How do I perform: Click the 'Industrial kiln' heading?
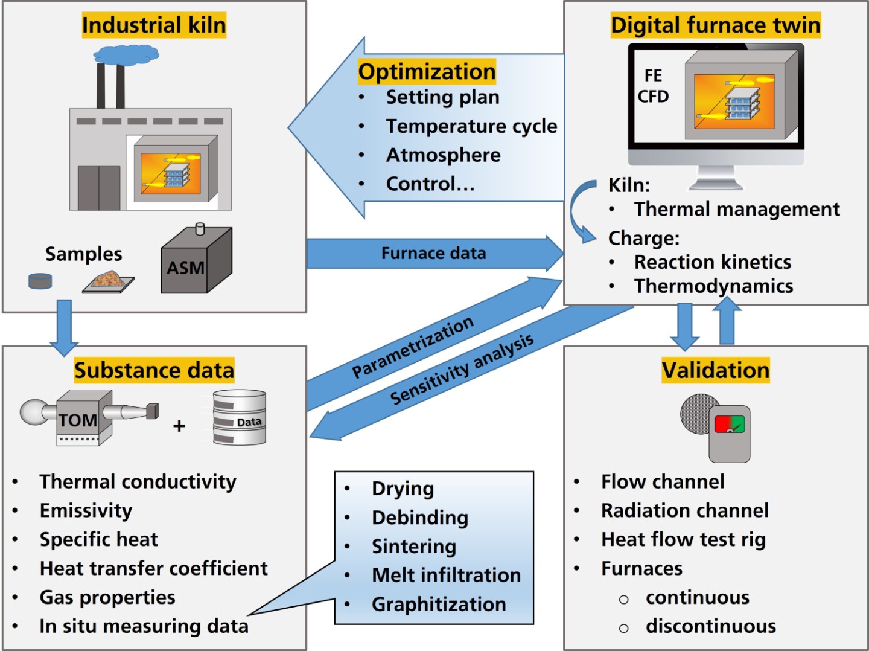pos(154,25)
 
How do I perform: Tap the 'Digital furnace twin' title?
pos(715,25)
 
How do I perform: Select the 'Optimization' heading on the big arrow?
pos(427,72)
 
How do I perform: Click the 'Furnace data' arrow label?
pos(433,254)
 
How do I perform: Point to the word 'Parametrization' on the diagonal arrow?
pos(413,347)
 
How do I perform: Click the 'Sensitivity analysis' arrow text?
pos(462,369)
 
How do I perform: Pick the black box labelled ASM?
pos(196,260)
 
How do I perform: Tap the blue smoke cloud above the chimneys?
pos(126,55)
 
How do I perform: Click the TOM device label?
pos(78,420)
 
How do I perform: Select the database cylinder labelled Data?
pos(240,417)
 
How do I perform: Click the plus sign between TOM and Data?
pos(179,426)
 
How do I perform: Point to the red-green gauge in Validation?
pos(730,424)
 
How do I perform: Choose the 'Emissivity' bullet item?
pos(86,510)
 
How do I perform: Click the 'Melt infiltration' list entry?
pos(446,575)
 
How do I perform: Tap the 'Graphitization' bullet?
pos(439,604)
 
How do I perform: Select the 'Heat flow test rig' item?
pos(683,540)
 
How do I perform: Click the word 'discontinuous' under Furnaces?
pos(711,626)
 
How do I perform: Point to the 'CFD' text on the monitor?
pos(653,97)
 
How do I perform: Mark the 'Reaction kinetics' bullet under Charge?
pos(712,262)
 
